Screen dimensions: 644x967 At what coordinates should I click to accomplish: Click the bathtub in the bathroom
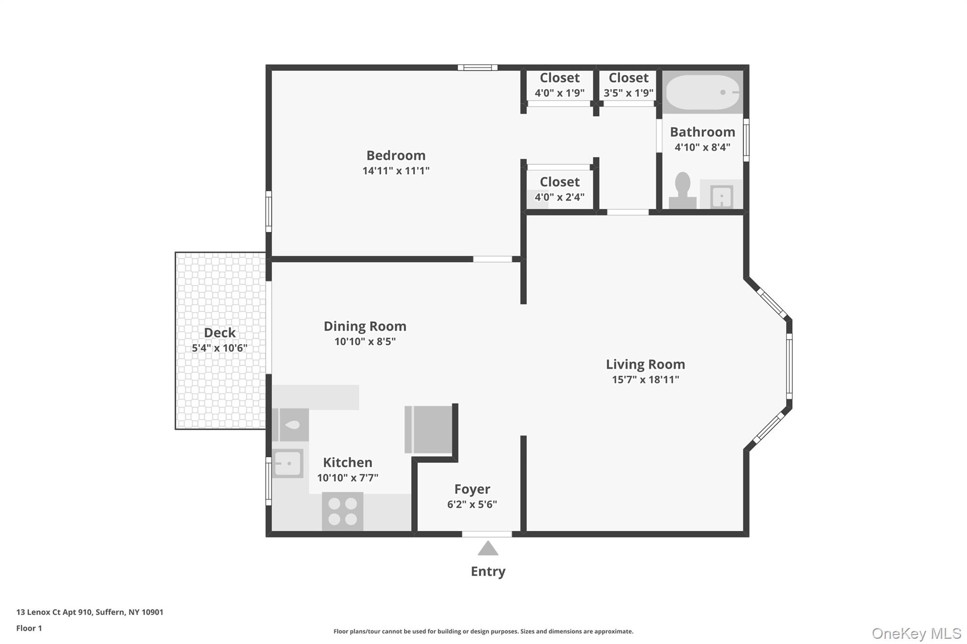pyautogui.click(x=702, y=92)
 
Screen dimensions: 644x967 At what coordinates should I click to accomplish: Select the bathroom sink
pyautogui.click(x=721, y=196)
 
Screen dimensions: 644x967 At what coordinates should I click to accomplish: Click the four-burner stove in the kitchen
pyautogui.click(x=342, y=511)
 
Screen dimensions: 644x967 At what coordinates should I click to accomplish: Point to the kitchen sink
pyautogui.click(x=288, y=463)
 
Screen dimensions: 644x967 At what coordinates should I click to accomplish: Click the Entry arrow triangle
pyautogui.click(x=488, y=548)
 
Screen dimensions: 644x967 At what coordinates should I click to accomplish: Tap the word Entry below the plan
pyautogui.click(x=488, y=571)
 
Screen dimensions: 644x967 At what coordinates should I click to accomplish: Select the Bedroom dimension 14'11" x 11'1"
pyautogui.click(x=396, y=170)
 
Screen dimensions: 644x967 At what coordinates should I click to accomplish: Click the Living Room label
pyautogui.click(x=645, y=364)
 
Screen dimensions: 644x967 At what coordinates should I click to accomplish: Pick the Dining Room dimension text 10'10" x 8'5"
pyautogui.click(x=365, y=341)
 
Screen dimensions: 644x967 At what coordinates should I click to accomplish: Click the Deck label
pyautogui.click(x=220, y=333)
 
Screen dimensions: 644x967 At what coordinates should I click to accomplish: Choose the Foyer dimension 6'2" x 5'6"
pyautogui.click(x=472, y=504)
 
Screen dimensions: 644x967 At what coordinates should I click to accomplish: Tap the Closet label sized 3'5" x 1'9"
pyautogui.click(x=628, y=78)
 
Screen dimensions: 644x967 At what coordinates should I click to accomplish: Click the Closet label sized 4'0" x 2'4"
pyautogui.click(x=560, y=182)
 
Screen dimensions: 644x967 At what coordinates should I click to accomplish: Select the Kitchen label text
pyautogui.click(x=348, y=462)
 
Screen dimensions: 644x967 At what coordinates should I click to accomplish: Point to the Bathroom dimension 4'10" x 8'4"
pyautogui.click(x=702, y=147)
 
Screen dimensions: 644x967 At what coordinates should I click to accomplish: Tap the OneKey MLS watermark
pyautogui.click(x=916, y=633)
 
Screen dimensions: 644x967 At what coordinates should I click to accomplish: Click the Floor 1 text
pyautogui.click(x=29, y=628)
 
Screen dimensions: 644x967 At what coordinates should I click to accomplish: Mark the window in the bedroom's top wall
pyautogui.click(x=477, y=67)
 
